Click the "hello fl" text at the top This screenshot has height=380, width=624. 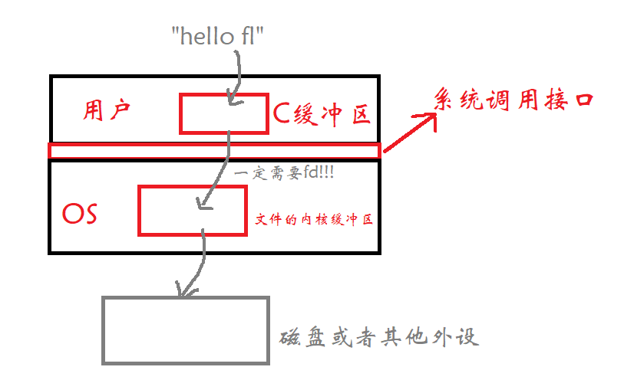219,35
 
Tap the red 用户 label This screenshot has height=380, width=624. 107,112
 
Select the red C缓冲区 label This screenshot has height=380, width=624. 322,114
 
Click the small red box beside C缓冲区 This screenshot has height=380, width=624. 223,113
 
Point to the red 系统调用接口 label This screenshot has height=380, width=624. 514,100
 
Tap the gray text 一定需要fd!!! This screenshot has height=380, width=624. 287,174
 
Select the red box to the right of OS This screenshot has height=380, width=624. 192,210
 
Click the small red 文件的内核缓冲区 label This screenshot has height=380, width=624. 313,220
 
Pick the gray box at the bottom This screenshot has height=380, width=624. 185,329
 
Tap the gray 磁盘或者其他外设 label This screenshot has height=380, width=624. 379,337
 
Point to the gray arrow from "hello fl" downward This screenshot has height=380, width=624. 239,77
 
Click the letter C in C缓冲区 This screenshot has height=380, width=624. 282,114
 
